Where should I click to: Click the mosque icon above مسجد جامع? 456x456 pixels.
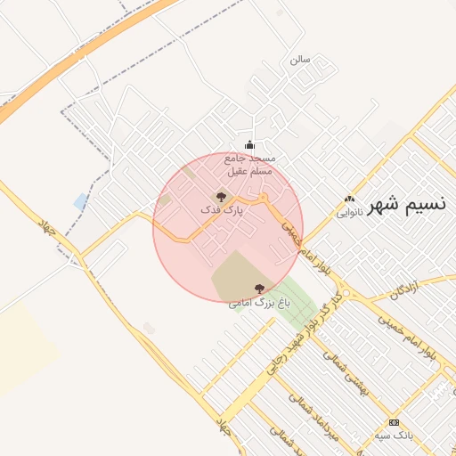[248, 145]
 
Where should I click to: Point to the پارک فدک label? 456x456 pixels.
[222, 211]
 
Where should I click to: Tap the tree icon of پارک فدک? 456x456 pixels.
[221, 195]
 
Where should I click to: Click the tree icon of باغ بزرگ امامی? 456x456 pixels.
[259, 288]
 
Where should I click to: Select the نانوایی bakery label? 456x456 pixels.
[349, 214]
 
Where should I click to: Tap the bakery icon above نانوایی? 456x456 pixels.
[349, 199]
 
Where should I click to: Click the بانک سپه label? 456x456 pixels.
[393, 436]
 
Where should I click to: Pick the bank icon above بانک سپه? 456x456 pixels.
[394, 421]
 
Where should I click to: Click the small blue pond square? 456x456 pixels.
[81, 201]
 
